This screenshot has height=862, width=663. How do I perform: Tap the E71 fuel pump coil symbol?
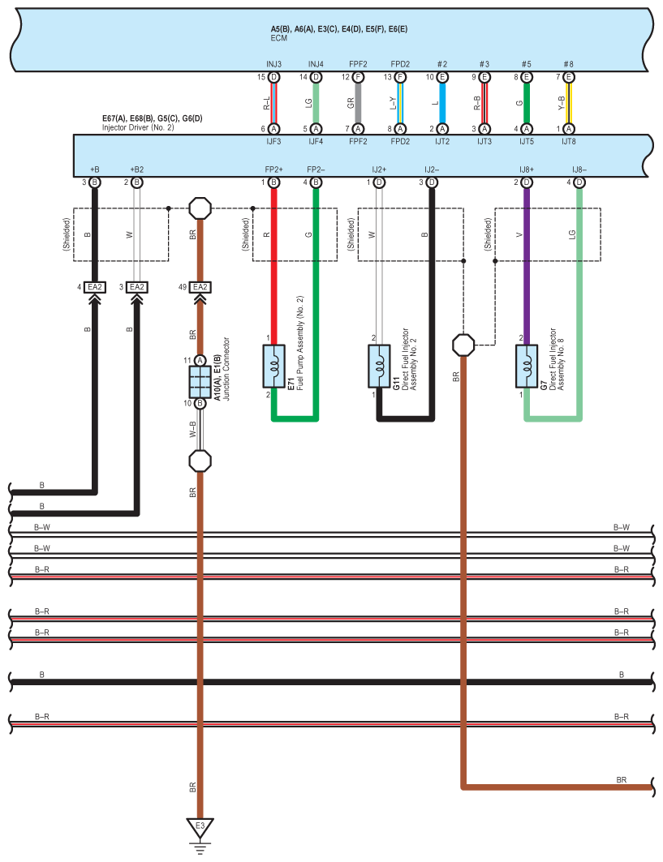[x=273, y=366]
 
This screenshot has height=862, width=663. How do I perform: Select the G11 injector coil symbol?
[x=378, y=366]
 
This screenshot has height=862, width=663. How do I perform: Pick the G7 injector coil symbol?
[x=526, y=366]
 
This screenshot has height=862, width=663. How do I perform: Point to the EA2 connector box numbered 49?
[x=200, y=287]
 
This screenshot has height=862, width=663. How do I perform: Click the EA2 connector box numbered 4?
[x=95, y=287]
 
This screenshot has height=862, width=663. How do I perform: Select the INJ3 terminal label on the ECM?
[x=273, y=65]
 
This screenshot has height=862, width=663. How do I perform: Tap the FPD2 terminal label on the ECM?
[x=400, y=65]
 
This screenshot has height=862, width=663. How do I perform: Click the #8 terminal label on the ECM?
[x=568, y=65]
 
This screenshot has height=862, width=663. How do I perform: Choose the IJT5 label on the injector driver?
[x=526, y=140]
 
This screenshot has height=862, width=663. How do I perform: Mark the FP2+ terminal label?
[x=273, y=169]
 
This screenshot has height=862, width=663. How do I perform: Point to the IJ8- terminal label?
[x=579, y=169]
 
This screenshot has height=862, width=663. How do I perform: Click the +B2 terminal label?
[x=136, y=169]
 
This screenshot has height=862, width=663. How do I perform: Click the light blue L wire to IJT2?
[x=441, y=103]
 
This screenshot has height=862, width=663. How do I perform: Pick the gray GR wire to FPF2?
[x=358, y=103]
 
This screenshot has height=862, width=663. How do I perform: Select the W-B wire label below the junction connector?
[x=192, y=429]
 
